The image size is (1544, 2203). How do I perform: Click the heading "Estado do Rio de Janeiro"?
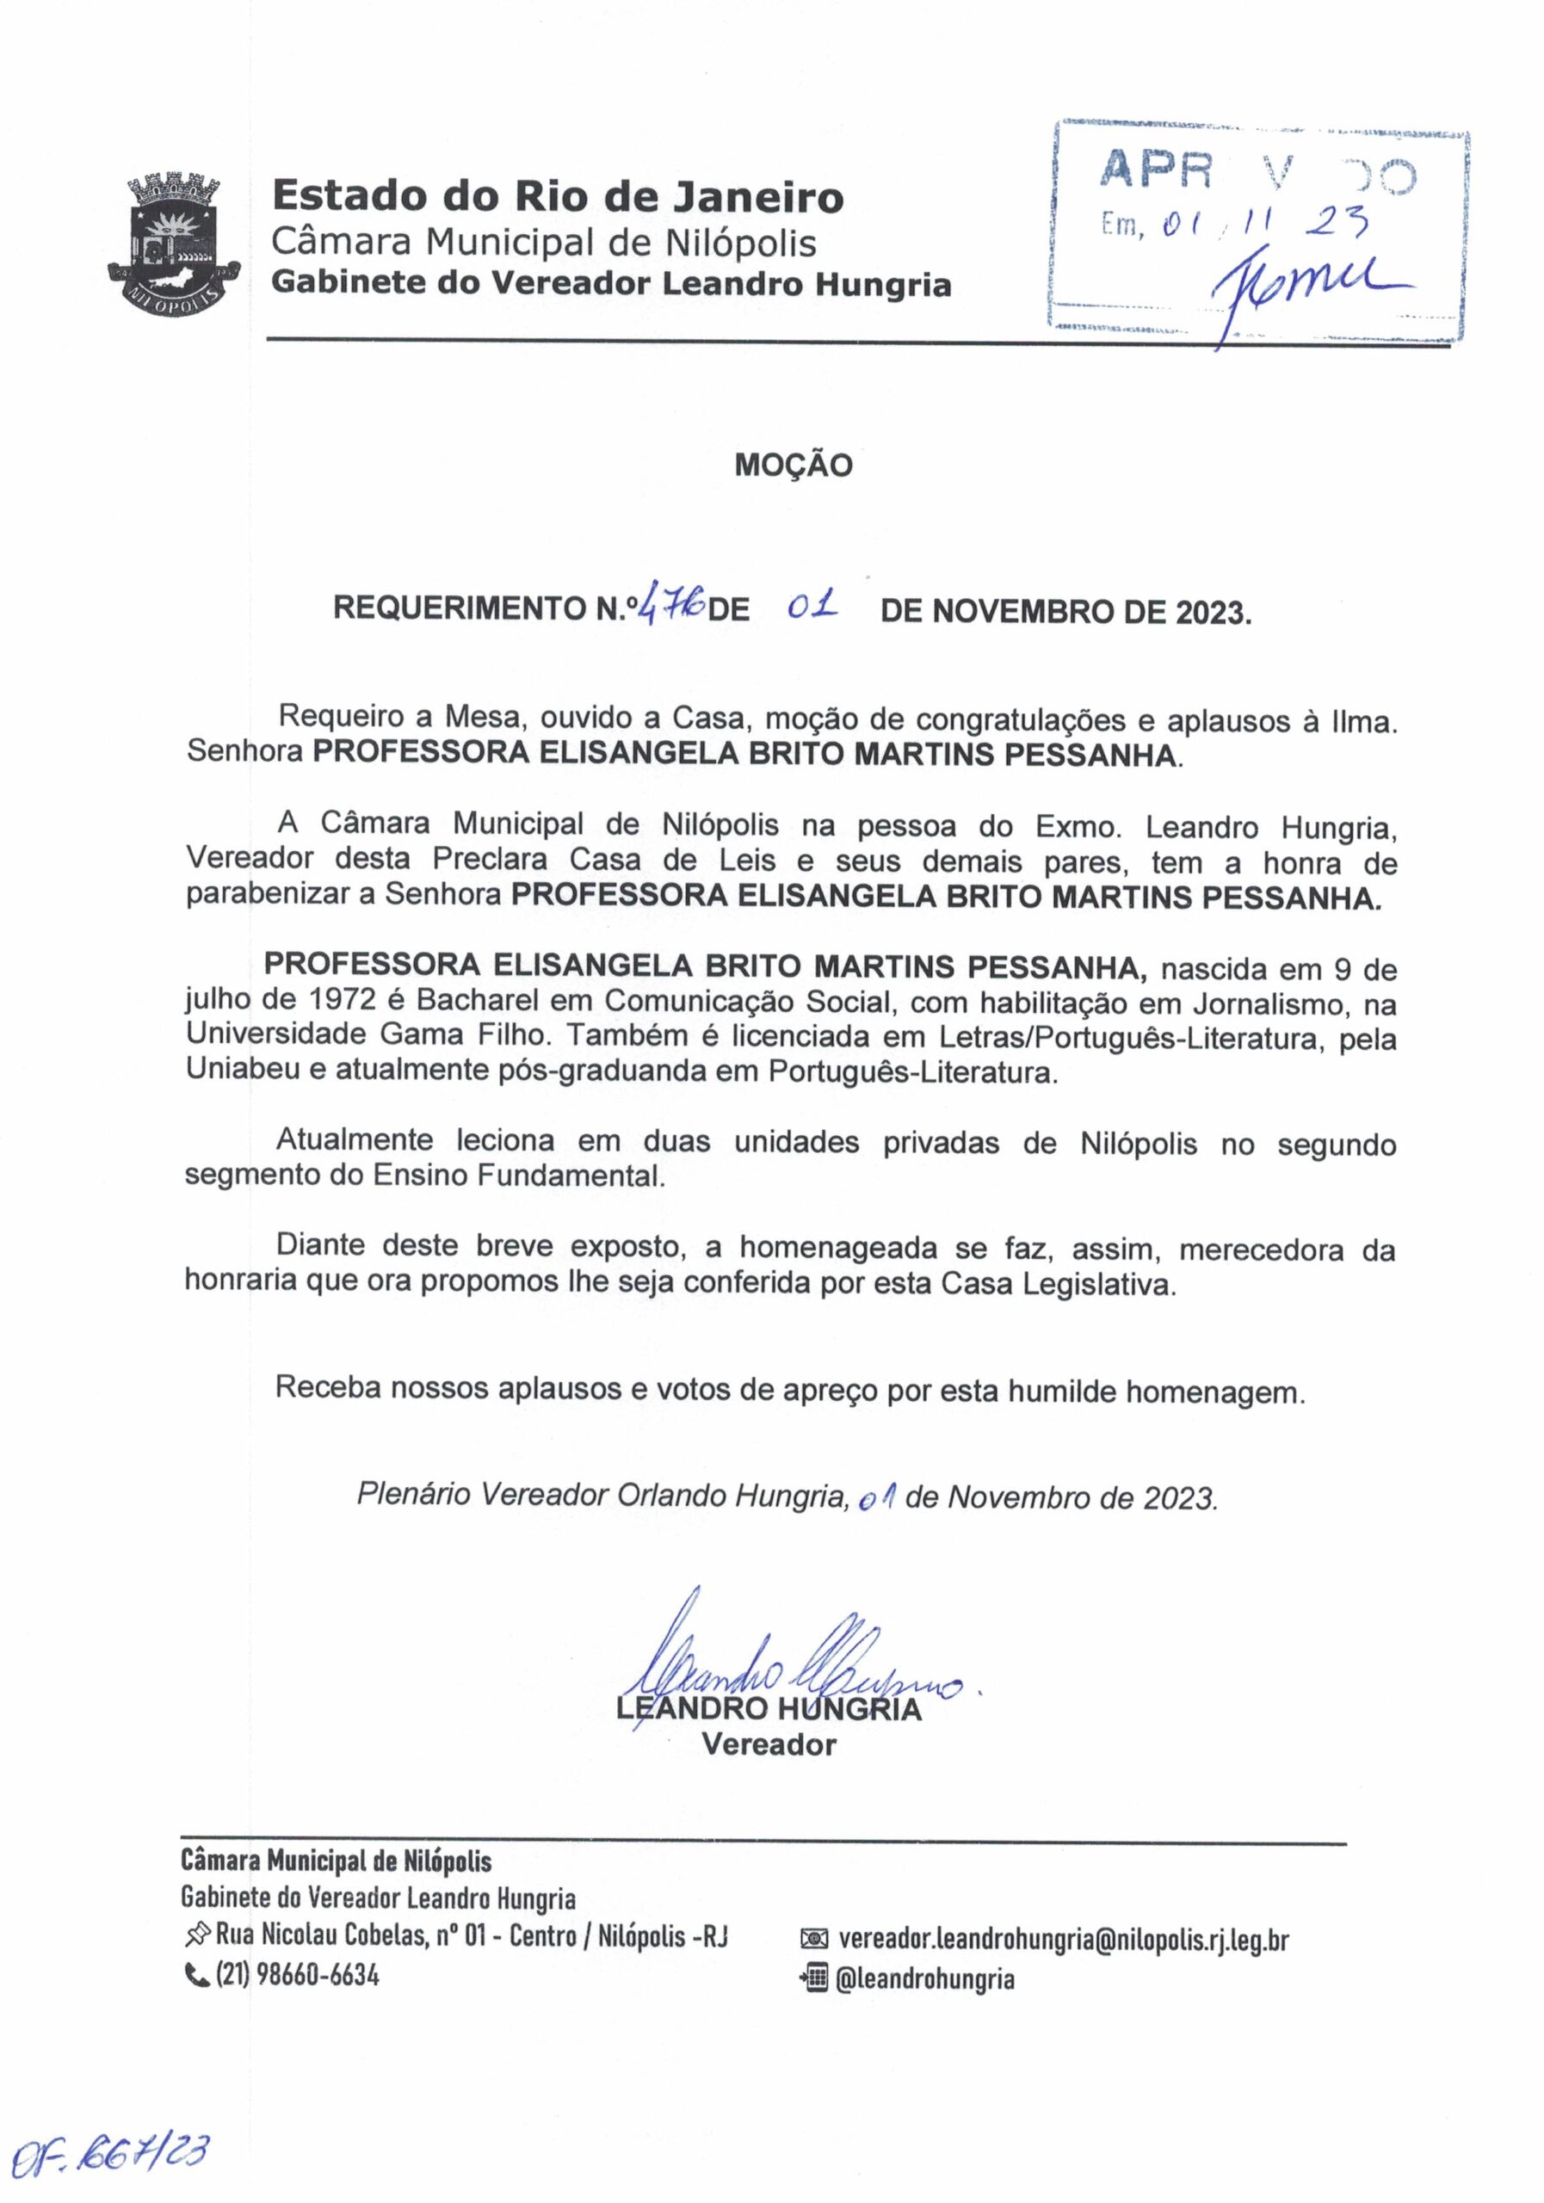pyautogui.click(x=558, y=197)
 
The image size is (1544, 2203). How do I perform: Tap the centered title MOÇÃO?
pyautogui.click(x=793, y=466)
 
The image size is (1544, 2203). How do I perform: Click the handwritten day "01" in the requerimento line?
pyautogui.click(x=812, y=607)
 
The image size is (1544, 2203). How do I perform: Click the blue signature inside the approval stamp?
pyautogui.click(x=1295, y=283)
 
